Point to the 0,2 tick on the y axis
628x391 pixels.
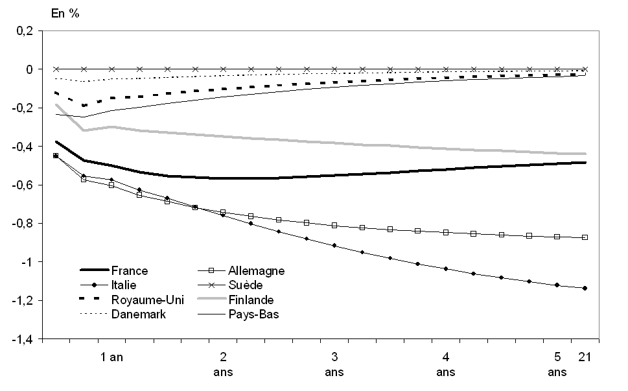24,30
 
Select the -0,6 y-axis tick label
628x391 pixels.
21,185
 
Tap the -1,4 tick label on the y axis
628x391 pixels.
21,339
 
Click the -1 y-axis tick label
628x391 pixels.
27,262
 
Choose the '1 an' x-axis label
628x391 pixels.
111,357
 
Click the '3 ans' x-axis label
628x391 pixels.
334,364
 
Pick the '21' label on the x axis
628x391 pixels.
584,357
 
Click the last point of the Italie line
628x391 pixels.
585,288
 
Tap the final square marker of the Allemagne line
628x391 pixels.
585,237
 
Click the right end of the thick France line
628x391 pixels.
585,162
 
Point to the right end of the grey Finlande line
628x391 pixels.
585,154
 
